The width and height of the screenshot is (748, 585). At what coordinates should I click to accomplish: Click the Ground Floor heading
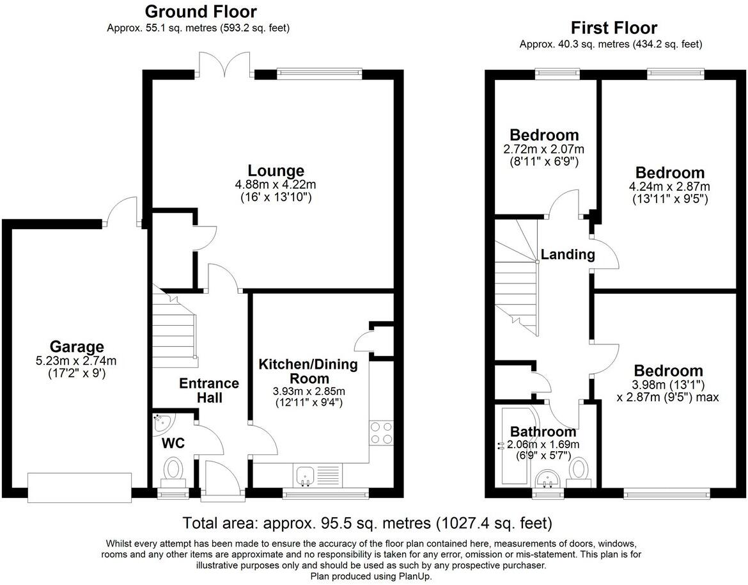pos(200,11)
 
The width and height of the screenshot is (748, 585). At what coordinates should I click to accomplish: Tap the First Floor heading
pos(614,28)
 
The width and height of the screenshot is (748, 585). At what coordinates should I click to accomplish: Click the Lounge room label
pos(276,170)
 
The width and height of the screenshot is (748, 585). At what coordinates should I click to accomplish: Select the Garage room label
pos(77,347)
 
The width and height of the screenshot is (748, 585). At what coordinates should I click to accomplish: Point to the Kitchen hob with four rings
pos(381,433)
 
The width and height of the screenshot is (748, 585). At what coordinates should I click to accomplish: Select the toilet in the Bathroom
pos(580,471)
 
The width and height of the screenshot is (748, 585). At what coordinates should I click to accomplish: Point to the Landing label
pos(568,255)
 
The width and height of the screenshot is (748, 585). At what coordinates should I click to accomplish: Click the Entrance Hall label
pos(209,390)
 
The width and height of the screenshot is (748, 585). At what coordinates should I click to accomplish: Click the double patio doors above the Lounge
pos(224,63)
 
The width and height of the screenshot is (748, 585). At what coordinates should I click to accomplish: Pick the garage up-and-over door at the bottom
pos(80,488)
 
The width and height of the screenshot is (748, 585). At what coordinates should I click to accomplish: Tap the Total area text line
pos(368,524)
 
